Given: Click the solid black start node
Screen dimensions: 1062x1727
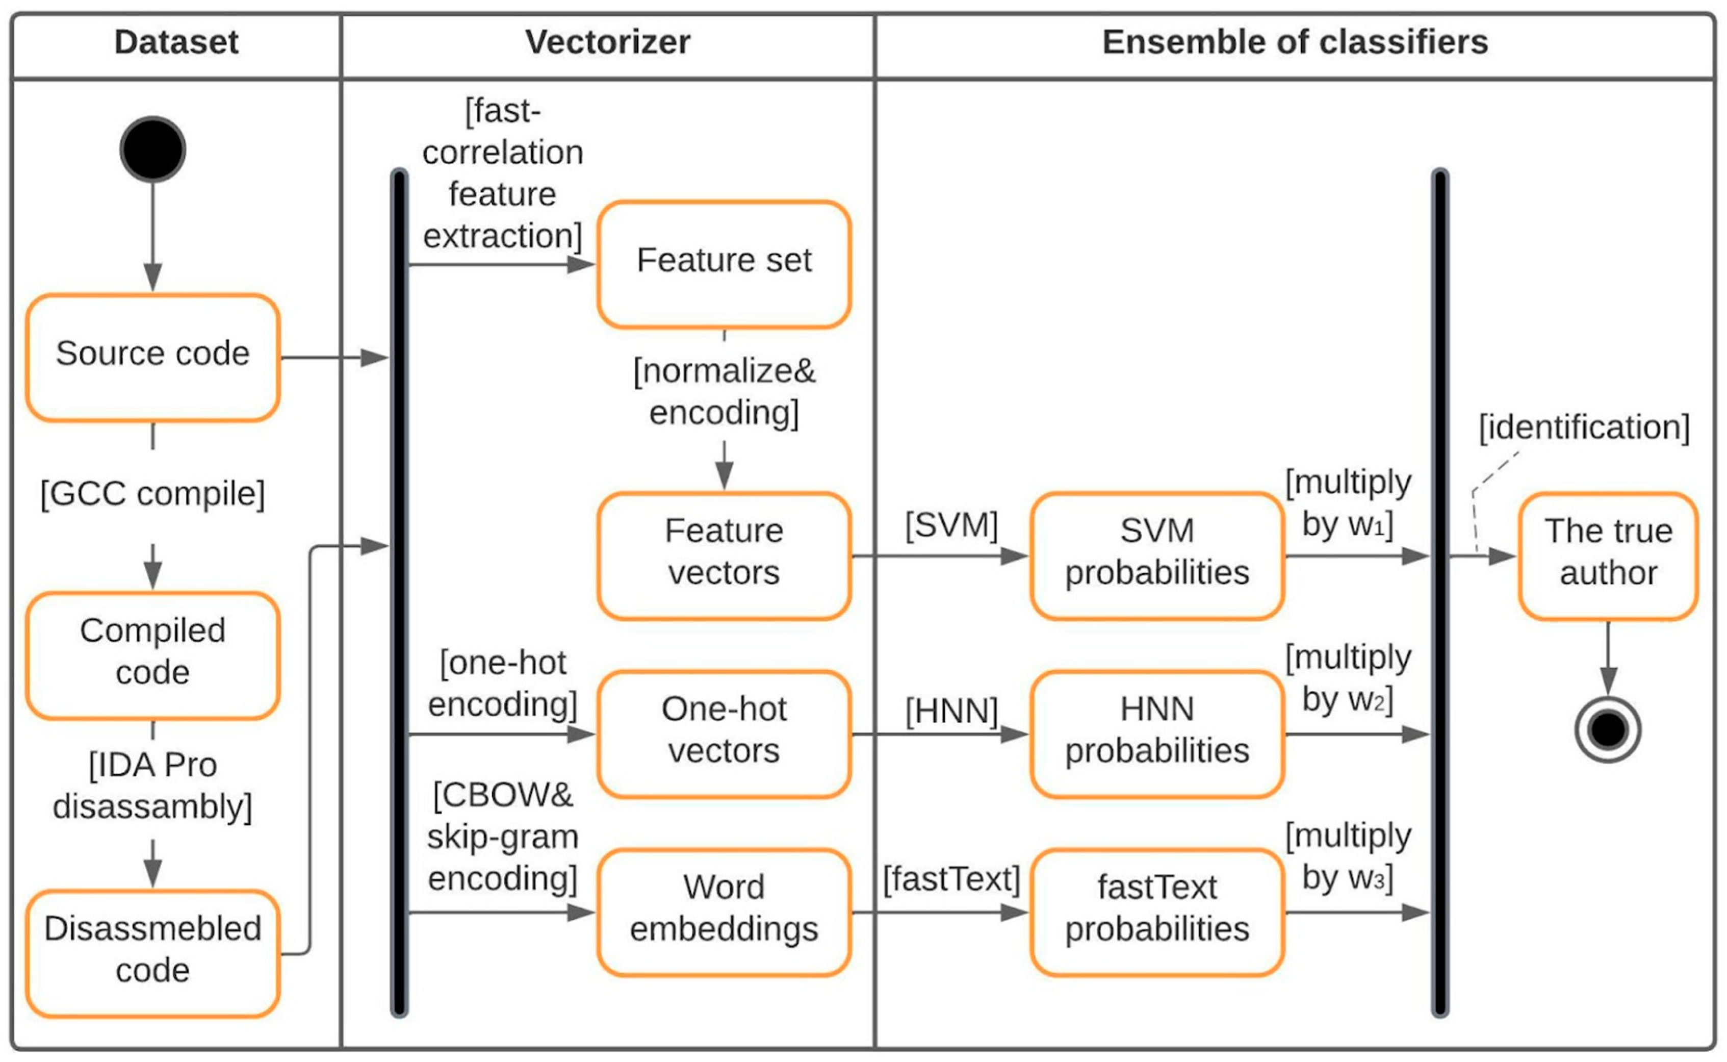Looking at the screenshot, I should [x=152, y=149].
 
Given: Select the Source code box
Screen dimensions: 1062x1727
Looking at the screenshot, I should [x=152, y=358].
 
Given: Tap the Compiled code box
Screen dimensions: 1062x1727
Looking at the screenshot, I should [x=152, y=656].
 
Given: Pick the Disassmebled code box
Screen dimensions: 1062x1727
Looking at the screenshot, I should [x=152, y=954].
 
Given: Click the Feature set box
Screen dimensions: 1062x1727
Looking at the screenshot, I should [x=724, y=264].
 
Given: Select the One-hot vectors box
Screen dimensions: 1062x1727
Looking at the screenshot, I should [x=724, y=735].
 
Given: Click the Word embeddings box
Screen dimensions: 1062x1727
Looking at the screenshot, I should [x=724, y=913].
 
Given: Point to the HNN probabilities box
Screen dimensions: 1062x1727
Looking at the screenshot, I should [x=1157, y=735].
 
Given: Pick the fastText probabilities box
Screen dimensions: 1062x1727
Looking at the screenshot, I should [x=1157, y=913].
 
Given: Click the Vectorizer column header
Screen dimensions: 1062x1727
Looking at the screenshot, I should [x=607, y=42].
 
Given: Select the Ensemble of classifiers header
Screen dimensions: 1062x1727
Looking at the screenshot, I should [x=1295, y=42].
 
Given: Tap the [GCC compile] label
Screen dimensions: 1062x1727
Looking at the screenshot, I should [x=152, y=494].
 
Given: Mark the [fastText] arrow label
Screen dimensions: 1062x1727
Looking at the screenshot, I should [x=951, y=879].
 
